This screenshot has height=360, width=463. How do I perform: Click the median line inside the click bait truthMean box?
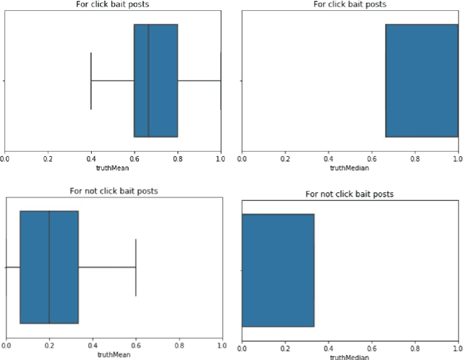tap(148, 80)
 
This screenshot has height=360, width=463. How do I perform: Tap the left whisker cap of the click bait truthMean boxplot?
tap(91, 80)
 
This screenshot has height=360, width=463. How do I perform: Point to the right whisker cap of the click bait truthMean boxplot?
tap(221, 80)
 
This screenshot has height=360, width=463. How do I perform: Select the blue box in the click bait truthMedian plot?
tap(421, 80)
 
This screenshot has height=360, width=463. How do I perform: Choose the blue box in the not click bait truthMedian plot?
tap(278, 270)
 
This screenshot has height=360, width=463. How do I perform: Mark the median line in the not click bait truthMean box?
tap(49, 267)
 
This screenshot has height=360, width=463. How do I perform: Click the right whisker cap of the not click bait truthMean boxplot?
tap(136, 267)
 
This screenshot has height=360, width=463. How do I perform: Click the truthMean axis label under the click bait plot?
tap(113, 168)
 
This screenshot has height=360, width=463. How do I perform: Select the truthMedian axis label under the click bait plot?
tap(349, 168)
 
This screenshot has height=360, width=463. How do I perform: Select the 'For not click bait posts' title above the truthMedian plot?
tap(350, 194)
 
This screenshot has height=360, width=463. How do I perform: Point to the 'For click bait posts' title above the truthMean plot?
tap(113, 4)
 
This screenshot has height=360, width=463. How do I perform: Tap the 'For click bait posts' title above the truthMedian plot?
tap(350, 4)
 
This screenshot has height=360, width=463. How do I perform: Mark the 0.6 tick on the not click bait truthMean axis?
tap(136, 346)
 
